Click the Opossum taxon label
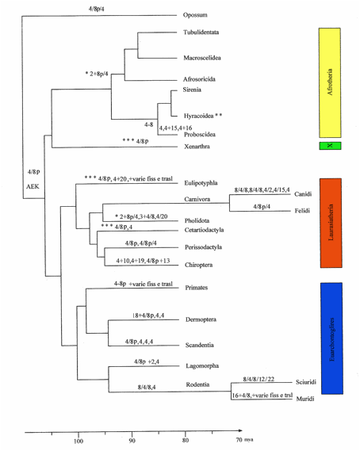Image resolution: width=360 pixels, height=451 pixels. [x=195, y=15]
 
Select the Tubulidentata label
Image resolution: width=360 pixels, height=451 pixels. [x=201, y=32]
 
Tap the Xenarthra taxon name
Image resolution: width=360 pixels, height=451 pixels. [x=197, y=147]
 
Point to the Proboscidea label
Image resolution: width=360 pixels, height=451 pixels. [x=200, y=134]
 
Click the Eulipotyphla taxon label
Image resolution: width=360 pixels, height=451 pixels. [x=201, y=183]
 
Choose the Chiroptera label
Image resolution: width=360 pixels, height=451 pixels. [x=198, y=265]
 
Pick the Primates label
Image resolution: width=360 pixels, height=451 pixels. [x=197, y=288]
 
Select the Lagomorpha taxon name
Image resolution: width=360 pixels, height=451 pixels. [x=202, y=366]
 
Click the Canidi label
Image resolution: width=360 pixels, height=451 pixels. [x=303, y=194]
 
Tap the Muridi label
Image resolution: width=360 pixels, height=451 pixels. [x=305, y=399]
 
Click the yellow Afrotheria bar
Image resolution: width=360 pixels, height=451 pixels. [x=330, y=83]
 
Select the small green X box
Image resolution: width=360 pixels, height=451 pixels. [x=330, y=146]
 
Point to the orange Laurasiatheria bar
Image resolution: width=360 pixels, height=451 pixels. [x=331, y=223]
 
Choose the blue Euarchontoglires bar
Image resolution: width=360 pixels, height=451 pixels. [x=331, y=338]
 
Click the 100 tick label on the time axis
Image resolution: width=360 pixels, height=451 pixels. [x=79, y=441]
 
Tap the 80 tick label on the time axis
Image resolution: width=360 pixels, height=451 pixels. [x=186, y=440]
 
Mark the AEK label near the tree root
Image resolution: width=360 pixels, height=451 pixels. [x=33, y=186]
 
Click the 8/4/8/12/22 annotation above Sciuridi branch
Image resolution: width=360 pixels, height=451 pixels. [x=259, y=379]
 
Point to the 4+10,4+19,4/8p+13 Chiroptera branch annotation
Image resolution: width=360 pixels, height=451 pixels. [x=143, y=261]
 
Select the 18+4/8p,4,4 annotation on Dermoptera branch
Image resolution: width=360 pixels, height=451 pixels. [x=148, y=315]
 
